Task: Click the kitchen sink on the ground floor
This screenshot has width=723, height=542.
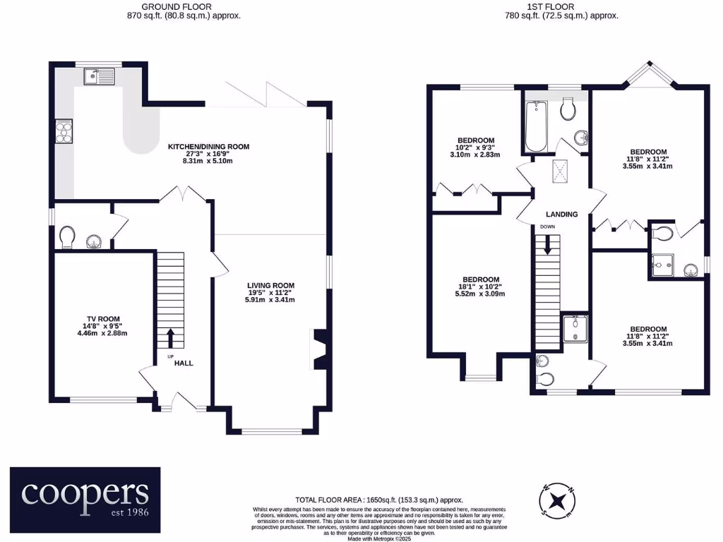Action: pos(98,76)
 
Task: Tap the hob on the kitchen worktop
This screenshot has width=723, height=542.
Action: pos(63,132)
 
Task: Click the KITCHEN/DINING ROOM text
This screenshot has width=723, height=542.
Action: pos(208,147)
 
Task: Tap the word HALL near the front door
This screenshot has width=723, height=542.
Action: pos(184,363)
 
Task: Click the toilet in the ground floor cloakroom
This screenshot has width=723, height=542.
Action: pos(68,236)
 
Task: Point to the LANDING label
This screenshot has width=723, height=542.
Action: pos(561,214)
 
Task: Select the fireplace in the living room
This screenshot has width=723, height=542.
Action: pos(318,349)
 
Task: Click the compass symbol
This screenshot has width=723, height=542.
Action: pos(558,500)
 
